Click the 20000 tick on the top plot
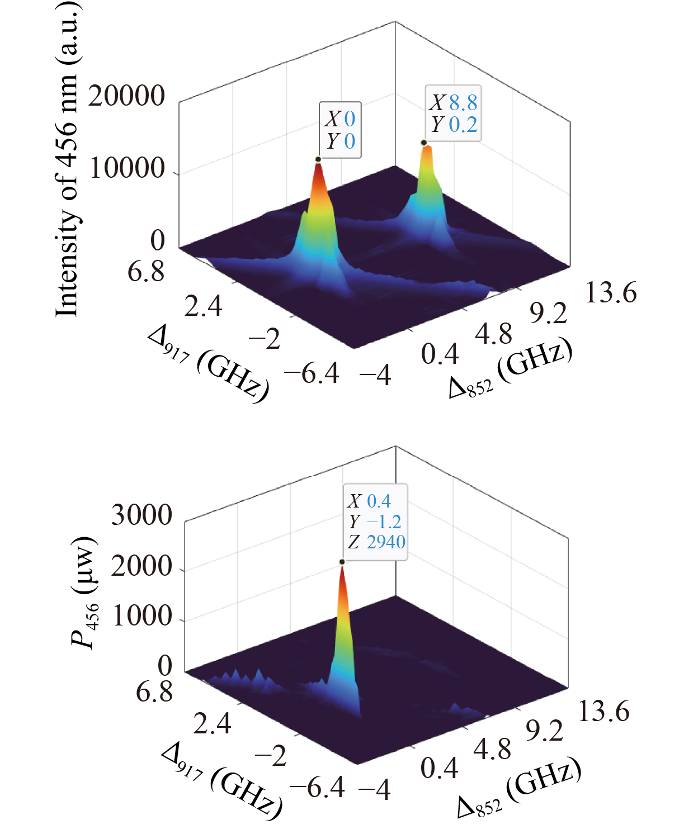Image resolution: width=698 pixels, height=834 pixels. point(126,96)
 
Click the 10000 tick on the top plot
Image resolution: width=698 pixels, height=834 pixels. point(127,168)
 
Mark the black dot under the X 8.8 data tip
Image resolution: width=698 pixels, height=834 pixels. point(424,143)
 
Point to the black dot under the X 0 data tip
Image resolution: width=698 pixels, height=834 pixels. point(318,159)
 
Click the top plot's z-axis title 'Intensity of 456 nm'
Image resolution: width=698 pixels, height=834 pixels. point(68,159)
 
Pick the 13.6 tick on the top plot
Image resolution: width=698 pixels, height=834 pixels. point(611,292)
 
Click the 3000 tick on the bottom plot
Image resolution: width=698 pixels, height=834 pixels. point(142,515)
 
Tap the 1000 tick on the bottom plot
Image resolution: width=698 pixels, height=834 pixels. point(142,616)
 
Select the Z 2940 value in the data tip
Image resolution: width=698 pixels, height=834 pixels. point(386,542)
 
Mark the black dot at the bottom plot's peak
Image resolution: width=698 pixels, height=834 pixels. point(342,562)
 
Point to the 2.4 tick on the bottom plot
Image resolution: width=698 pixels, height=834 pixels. point(212,724)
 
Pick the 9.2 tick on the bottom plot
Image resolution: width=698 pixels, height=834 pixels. point(544,731)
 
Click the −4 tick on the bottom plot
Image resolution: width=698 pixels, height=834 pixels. point(374,790)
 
